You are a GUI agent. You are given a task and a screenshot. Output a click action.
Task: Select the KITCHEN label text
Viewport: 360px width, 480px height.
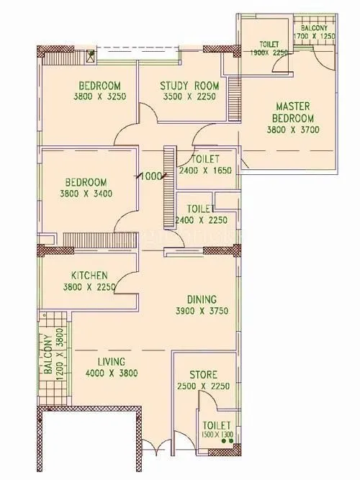89,276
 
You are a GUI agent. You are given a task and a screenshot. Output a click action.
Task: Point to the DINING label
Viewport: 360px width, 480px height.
202,300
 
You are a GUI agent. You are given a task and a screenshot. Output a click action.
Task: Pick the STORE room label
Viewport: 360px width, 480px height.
203,375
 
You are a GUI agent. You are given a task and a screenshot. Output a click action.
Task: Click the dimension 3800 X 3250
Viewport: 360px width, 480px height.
104,96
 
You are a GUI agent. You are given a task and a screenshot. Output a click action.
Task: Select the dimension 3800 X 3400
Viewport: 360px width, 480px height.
92,194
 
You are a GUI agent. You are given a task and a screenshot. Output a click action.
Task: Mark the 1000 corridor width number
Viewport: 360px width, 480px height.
150,176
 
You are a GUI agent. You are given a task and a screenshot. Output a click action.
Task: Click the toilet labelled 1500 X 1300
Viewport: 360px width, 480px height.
217,430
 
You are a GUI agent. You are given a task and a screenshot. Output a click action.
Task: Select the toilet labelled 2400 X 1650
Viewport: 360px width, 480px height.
206,164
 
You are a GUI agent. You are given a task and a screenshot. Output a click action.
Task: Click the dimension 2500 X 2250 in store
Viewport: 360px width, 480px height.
203,386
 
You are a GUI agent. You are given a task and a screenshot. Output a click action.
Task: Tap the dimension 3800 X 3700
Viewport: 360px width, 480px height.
293,130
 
